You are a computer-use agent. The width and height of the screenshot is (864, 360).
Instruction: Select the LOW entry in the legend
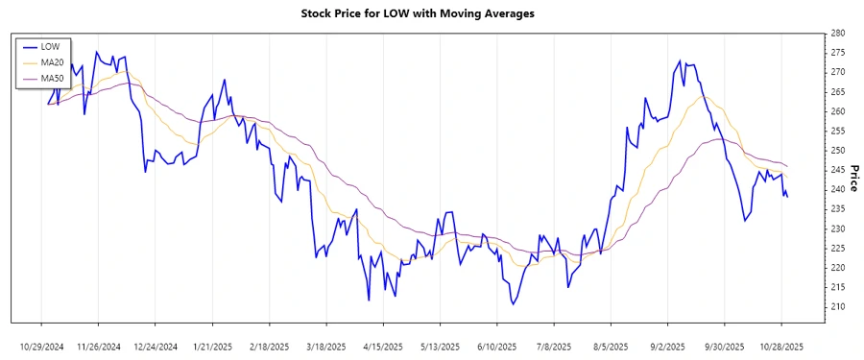51,45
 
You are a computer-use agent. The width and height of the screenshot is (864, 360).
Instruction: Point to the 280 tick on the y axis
837,33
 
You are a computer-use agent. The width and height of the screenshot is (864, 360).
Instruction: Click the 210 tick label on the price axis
837,306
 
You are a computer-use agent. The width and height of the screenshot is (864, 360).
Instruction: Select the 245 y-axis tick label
837,170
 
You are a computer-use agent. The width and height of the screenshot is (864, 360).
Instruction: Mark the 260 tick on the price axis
837,111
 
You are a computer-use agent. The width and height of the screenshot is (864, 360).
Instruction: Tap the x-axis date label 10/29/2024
41,346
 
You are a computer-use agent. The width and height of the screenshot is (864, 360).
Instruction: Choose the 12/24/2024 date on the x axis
156,346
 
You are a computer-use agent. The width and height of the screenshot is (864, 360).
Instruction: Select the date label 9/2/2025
667,346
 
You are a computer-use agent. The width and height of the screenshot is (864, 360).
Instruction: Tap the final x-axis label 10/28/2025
780,346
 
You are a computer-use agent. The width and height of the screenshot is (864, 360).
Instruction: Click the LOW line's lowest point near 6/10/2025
514,304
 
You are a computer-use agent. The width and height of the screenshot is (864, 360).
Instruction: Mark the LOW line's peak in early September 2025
680,61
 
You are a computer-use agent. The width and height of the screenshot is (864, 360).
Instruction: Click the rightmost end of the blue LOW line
787,197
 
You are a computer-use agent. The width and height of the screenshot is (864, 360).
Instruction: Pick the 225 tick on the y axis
837,248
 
